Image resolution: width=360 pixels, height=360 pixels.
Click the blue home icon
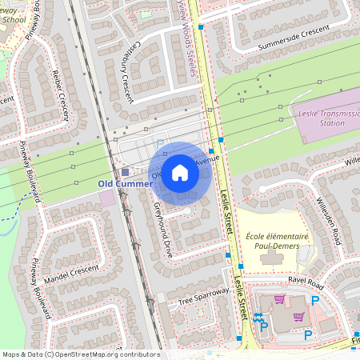[x=180, y=173]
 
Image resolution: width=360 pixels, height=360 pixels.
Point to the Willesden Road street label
[x=329, y=220]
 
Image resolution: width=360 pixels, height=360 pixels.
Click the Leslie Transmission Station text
[x=326, y=119]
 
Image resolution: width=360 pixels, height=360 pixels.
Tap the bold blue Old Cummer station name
[x=124, y=183]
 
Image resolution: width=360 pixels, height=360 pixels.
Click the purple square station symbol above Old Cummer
[x=124, y=172]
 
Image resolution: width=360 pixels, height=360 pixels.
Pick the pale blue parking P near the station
[x=159, y=144]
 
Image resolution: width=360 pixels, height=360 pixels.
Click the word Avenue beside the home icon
[x=207, y=159]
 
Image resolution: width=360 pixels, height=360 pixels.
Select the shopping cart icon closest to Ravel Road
[x=279, y=299]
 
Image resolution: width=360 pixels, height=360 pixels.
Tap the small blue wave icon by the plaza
[x=258, y=317]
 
